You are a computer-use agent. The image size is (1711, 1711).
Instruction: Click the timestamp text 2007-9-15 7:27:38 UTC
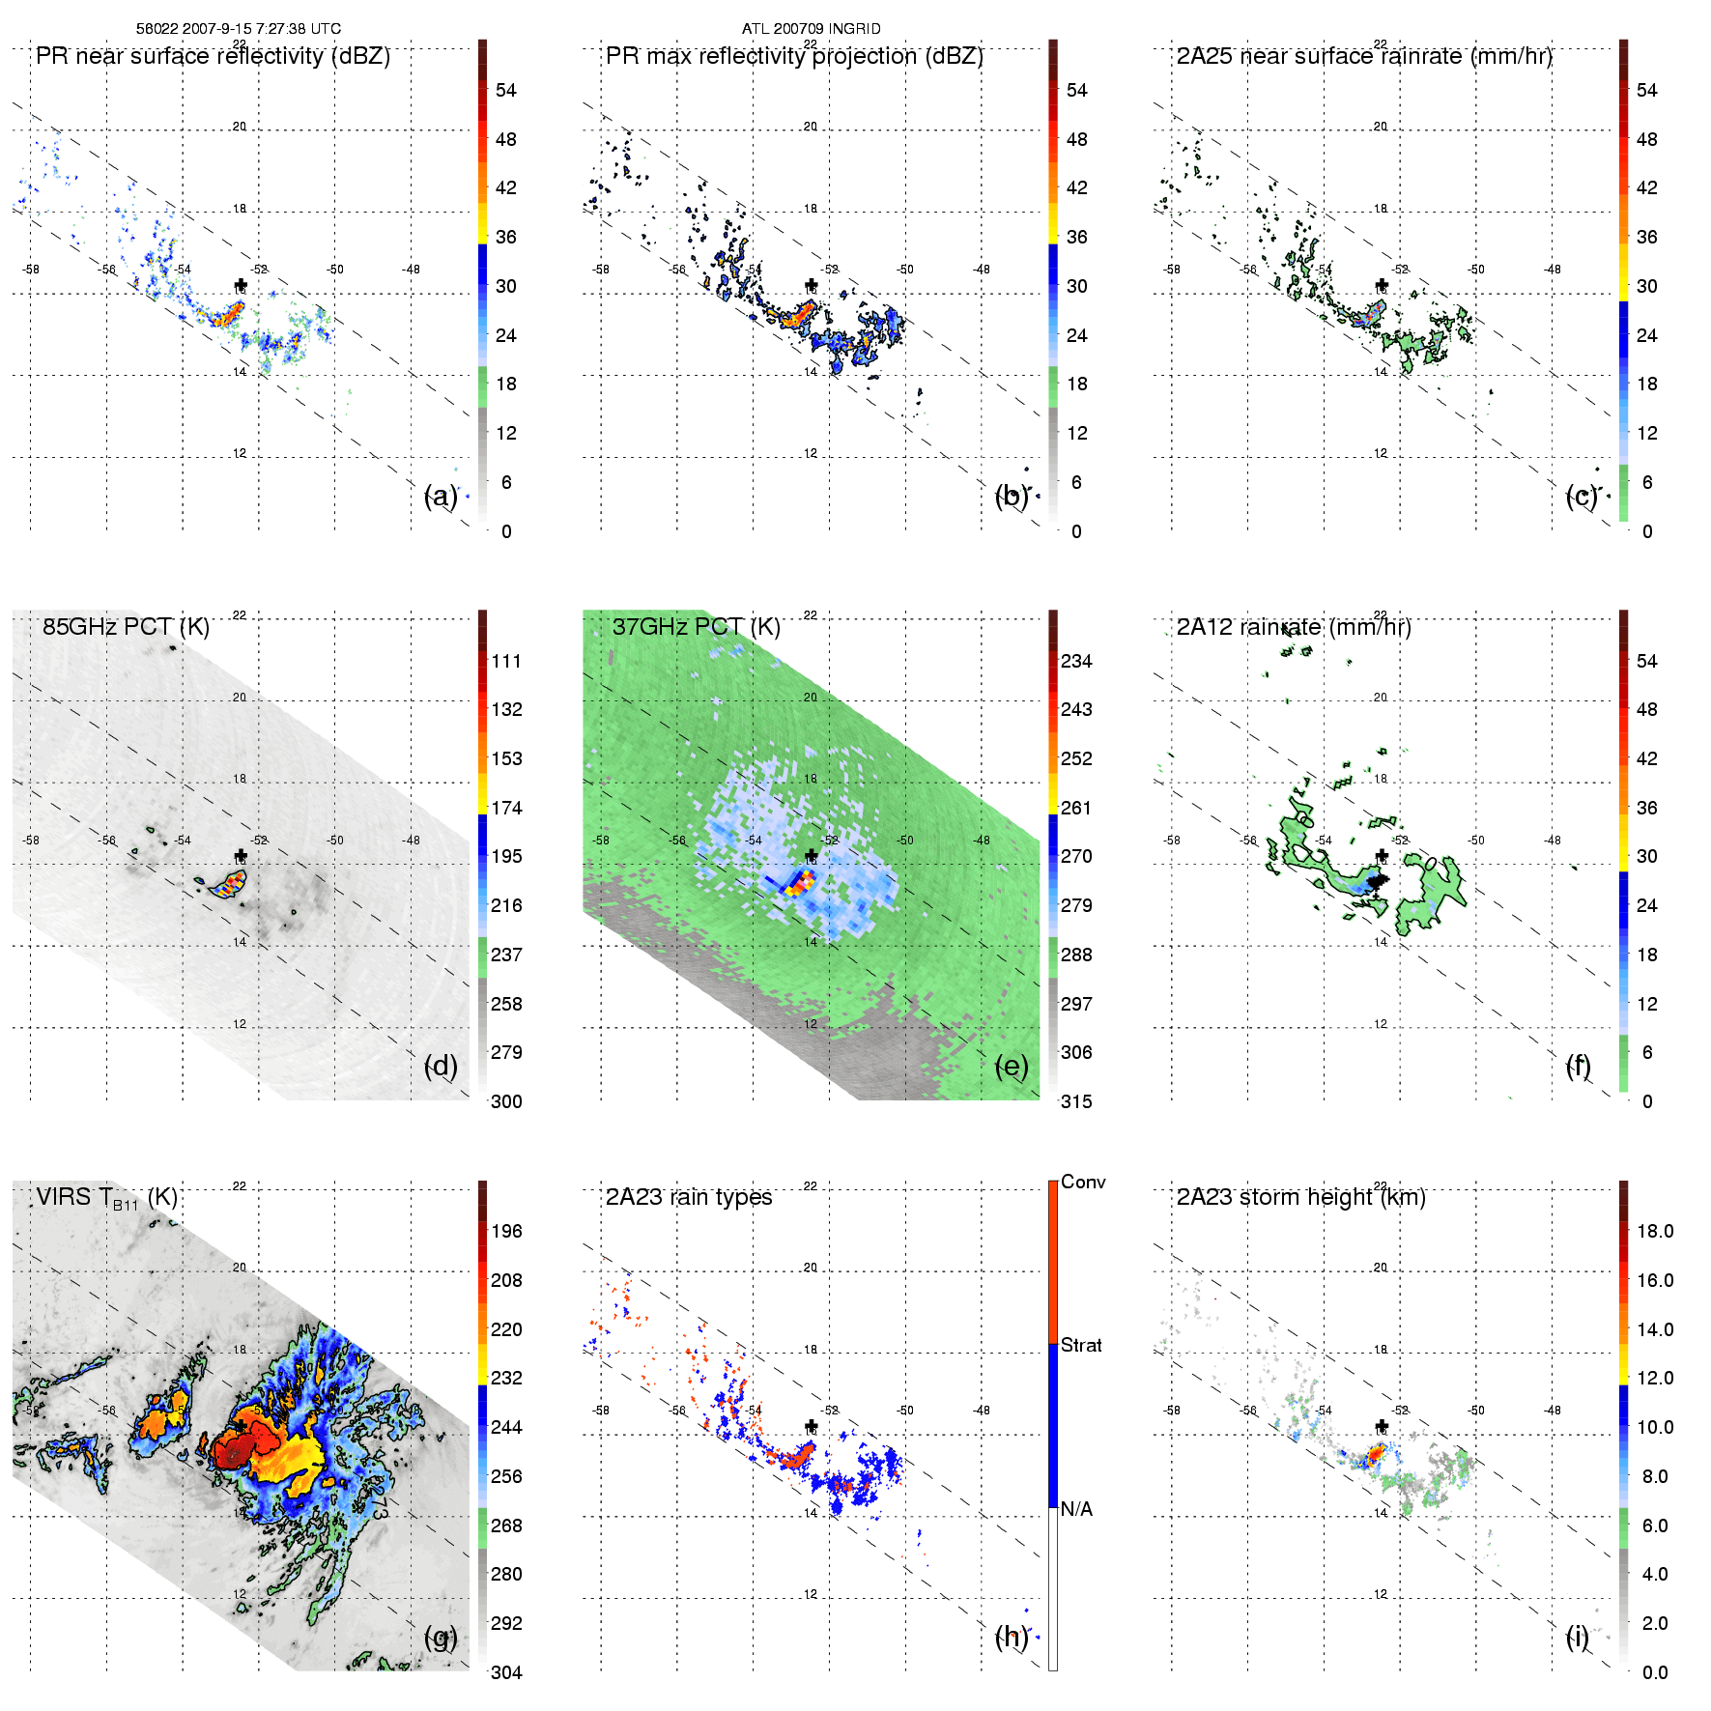(x=260, y=29)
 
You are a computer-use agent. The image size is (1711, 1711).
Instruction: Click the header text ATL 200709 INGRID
(x=811, y=29)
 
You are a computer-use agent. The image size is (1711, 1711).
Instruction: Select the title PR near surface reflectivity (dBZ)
(x=213, y=56)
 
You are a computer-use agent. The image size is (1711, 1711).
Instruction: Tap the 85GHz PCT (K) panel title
(x=126, y=627)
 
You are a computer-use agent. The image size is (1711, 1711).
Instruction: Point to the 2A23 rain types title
(x=688, y=1197)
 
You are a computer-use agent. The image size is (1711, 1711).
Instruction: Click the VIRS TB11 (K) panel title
(x=106, y=1198)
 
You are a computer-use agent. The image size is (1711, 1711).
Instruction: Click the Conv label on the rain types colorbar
(x=1082, y=1182)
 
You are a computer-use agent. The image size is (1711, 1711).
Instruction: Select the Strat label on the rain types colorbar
(x=1081, y=1345)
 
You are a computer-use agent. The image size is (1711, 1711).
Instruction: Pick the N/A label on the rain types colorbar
(x=1076, y=1509)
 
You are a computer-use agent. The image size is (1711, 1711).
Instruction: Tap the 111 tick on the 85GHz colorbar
(x=506, y=661)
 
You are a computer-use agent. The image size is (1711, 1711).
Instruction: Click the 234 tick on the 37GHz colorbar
(x=1076, y=661)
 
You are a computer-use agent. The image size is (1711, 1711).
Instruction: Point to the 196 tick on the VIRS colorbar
(x=506, y=1231)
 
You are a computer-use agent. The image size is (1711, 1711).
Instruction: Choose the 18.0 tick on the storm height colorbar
(x=1654, y=1231)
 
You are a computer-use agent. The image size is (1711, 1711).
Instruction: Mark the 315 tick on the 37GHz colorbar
(x=1076, y=1101)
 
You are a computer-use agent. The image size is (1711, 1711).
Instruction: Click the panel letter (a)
(x=441, y=497)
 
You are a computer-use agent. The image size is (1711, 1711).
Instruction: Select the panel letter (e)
(x=1011, y=1067)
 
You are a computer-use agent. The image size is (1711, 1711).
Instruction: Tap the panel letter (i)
(x=1577, y=1637)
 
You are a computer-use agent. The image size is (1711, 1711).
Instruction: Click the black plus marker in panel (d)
(x=241, y=856)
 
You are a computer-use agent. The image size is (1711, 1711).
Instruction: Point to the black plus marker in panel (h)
(x=812, y=1426)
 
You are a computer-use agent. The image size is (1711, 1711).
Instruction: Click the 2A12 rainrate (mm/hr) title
(x=1293, y=627)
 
